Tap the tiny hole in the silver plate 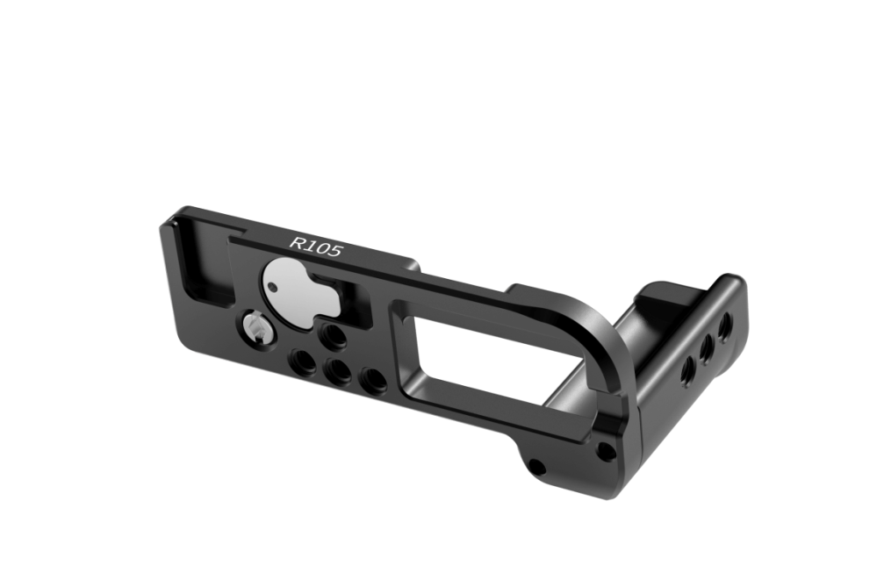(277, 287)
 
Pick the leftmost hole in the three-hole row (301, 361)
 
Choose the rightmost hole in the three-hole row (372, 381)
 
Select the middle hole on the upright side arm (706, 346)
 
